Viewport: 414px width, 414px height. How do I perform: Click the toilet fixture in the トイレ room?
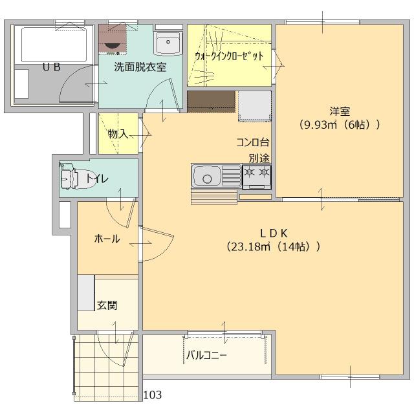(x=72, y=178)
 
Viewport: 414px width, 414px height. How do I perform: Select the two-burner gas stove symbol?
(x=257, y=173)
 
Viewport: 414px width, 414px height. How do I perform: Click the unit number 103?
(x=153, y=395)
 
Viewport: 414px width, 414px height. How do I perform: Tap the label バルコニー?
(x=206, y=354)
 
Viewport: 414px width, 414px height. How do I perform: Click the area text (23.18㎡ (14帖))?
(x=274, y=246)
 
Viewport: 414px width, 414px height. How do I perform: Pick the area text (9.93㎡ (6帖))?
(x=338, y=124)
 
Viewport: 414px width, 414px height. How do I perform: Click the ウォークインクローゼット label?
(x=229, y=56)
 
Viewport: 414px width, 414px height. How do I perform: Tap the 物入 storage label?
(x=118, y=134)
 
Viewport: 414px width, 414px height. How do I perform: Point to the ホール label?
(x=107, y=239)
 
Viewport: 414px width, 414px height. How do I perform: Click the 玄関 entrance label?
(x=107, y=305)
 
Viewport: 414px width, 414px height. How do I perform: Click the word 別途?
(x=259, y=157)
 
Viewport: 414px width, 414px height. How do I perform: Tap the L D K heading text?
(x=274, y=233)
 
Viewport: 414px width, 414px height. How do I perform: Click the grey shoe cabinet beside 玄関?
(x=86, y=293)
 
